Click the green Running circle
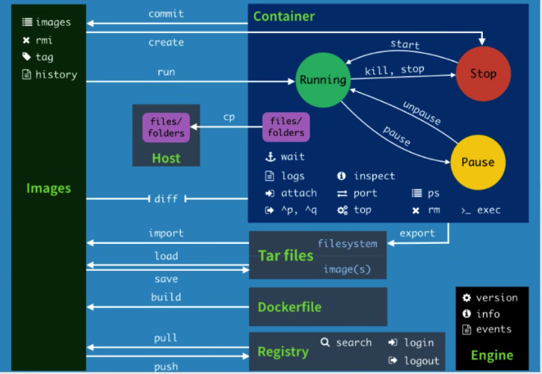[323, 79]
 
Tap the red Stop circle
[483, 73]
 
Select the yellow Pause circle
[478, 162]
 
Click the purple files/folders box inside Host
[166, 126]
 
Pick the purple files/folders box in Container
[287, 126]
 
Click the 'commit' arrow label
[166, 13]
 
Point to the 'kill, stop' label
[394, 70]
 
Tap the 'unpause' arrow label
[422, 112]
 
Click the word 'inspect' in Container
[375, 176]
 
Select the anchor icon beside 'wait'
[270, 157]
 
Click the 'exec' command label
[489, 210]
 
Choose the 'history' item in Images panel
[55, 75]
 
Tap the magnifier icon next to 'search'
[325, 342]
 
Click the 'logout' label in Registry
[422, 361]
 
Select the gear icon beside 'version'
[466, 298]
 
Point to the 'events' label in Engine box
[493, 329]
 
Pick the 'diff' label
[165, 198]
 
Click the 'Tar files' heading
[286, 256]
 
